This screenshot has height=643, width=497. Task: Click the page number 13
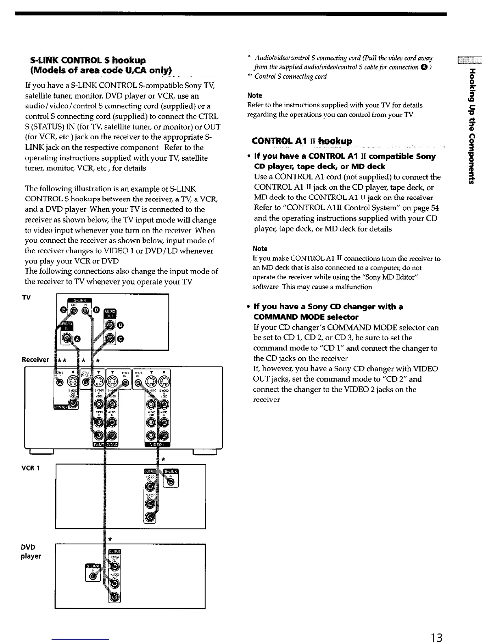tap(436, 626)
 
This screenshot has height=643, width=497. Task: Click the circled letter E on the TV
tap(63, 311)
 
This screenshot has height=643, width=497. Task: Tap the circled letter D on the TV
tap(96, 311)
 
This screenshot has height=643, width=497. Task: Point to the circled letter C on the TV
tap(121, 339)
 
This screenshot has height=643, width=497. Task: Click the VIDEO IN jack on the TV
tap(65, 339)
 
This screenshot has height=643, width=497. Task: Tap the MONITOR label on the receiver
tap(61, 407)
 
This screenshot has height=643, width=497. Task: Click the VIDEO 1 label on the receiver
tap(158, 445)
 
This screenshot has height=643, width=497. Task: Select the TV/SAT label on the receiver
tap(99, 445)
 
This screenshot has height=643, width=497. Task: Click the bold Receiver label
tap(35, 360)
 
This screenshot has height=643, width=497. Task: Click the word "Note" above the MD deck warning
tap(260, 248)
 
